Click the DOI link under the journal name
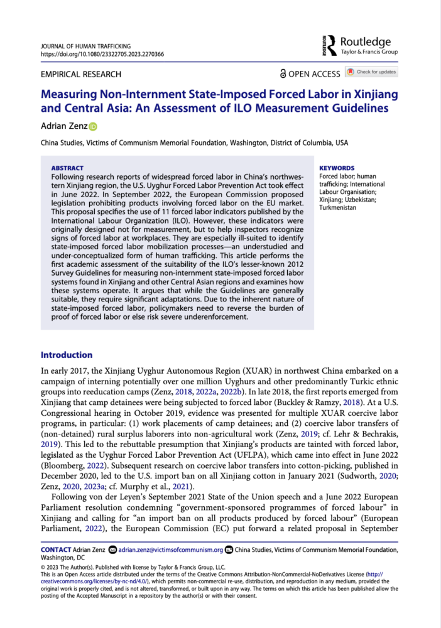(102, 55)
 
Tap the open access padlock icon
(283, 73)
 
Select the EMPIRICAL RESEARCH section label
(81, 74)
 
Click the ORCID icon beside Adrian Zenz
(94, 127)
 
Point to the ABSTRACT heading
(67, 168)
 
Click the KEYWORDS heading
(337, 168)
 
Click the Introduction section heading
(67, 355)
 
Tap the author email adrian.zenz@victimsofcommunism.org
(171, 550)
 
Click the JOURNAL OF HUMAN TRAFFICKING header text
(85, 46)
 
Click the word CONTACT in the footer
(55, 550)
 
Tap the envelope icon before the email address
(112, 550)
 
